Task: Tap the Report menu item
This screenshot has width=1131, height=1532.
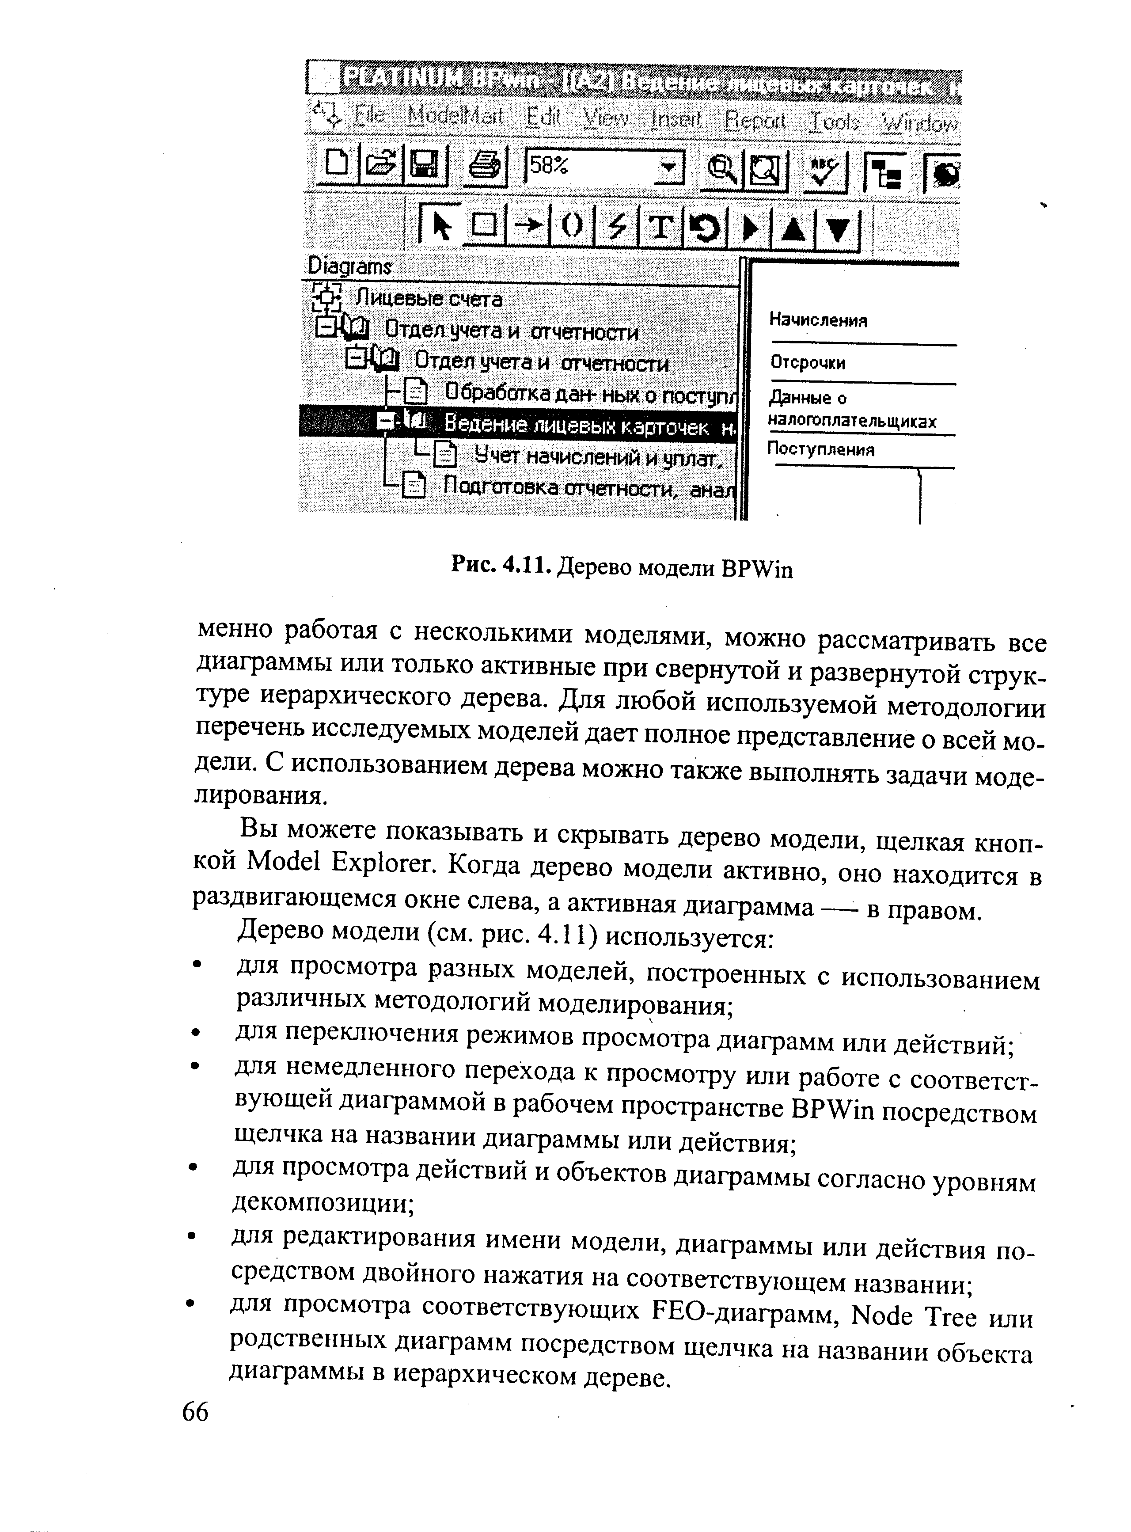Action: (x=755, y=121)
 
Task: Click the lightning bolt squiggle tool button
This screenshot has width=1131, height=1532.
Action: (x=618, y=226)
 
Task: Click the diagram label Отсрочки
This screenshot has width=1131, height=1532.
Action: (x=808, y=362)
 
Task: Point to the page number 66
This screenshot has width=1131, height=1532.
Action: (x=195, y=1412)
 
